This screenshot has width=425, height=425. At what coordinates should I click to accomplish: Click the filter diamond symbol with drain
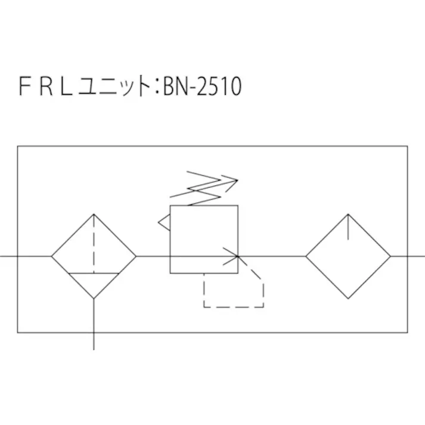point(94,256)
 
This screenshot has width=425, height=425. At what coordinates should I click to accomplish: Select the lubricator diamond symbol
point(348,256)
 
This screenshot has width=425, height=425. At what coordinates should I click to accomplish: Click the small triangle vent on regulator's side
point(164,222)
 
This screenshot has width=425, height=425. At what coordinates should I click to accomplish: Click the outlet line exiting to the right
point(408,256)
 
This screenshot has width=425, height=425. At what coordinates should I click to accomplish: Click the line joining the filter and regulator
point(153,256)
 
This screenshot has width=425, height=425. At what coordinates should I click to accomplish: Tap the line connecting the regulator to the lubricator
point(272,256)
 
